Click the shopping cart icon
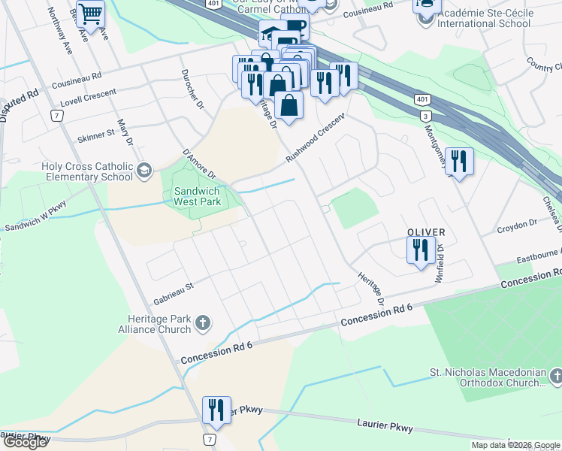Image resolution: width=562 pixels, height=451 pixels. point(90,13)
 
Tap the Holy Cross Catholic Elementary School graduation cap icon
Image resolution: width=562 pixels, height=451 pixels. point(144,171)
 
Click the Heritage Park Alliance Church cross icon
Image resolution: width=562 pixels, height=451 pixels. point(201,324)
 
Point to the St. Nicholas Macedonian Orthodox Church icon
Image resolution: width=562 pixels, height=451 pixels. point(555,374)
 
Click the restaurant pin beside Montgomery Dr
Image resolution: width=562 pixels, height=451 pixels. point(460,162)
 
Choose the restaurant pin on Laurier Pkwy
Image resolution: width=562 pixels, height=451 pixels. point(216,410)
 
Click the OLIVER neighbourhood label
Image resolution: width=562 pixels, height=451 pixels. point(427,232)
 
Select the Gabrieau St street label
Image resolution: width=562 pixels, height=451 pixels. point(174,287)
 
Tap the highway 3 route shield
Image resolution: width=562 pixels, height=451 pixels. point(426,115)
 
